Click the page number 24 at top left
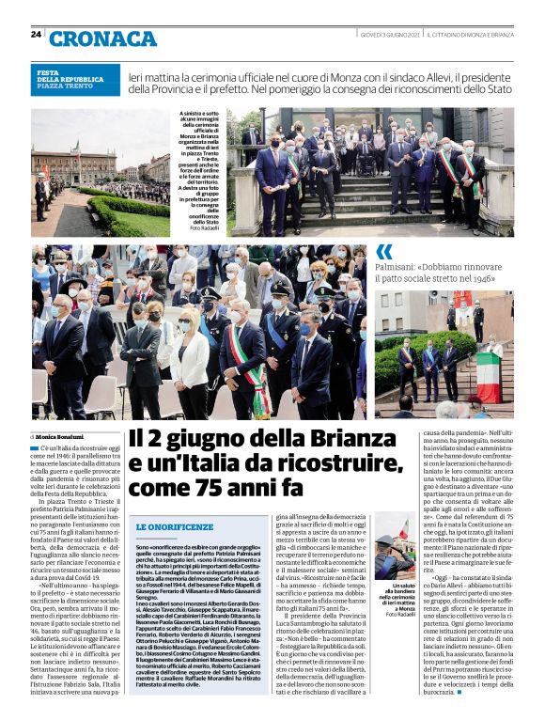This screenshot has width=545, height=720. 36,34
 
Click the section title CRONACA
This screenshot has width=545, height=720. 103,38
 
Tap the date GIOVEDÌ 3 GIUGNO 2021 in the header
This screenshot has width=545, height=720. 388,34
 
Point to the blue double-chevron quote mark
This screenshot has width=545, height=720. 384,251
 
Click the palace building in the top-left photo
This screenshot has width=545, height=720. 74,164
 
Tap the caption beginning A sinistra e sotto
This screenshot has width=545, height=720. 201,170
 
